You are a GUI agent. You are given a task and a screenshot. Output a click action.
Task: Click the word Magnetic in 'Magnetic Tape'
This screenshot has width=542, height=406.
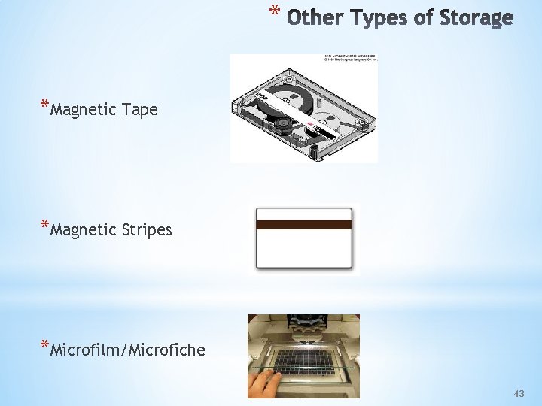[81, 110]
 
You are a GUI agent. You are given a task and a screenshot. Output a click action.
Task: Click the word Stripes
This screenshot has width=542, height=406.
[147, 229]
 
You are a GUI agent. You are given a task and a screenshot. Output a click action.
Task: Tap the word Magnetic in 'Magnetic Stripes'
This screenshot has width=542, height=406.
[81, 229]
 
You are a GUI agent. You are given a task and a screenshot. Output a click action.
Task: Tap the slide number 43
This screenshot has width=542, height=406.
[519, 394]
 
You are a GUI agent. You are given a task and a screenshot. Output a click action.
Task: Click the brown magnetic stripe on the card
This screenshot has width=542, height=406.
[303, 224]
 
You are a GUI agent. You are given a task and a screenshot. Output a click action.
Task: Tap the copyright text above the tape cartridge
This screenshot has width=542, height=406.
[351, 59]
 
